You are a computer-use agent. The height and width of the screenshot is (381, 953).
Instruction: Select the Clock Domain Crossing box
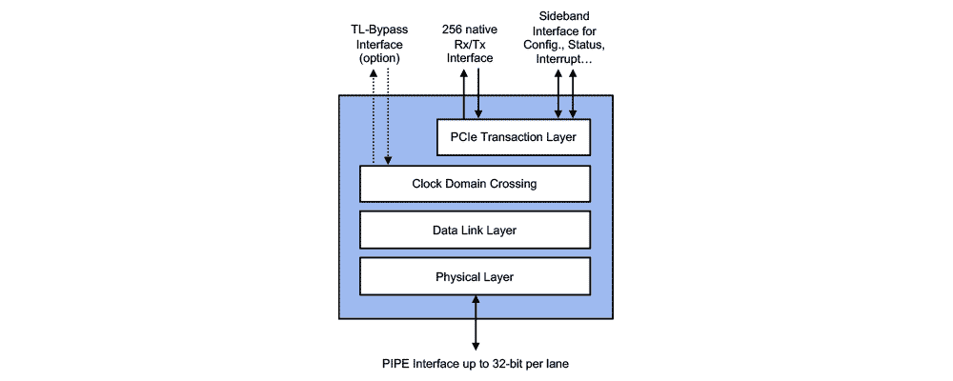[x=475, y=184]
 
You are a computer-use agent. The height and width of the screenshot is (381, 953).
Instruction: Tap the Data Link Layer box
[x=475, y=230]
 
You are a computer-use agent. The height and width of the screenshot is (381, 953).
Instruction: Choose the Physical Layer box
[x=475, y=276]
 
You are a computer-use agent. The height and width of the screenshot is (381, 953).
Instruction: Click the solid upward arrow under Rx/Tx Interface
[x=464, y=95]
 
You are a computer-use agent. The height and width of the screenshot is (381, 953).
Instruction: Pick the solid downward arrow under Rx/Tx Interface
[x=477, y=95]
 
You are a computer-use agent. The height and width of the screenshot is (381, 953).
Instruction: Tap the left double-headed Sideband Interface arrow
[x=558, y=95]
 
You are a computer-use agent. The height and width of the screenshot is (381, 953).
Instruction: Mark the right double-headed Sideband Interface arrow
[x=573, y=95]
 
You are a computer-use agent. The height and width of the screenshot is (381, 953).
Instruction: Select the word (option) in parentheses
[x=379, y=58]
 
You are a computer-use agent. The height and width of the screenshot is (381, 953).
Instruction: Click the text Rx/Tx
[x=472, y=44]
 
